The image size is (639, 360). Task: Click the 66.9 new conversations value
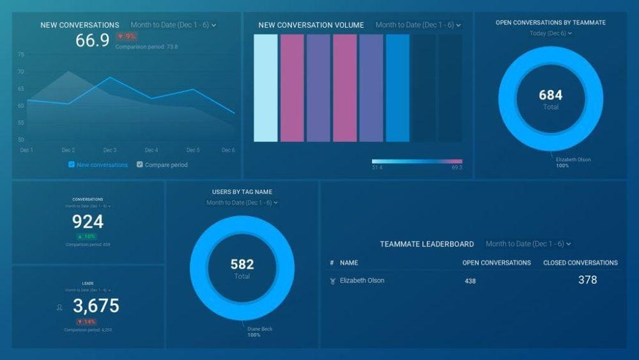click(92, 41)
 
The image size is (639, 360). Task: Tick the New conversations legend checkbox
click(72, 165)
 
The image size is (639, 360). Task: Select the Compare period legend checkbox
click(140, 165)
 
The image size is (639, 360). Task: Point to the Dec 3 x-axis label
click(110, 150)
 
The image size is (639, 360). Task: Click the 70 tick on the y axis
click(21, 72)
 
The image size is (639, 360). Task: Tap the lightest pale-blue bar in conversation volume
click(266, 88)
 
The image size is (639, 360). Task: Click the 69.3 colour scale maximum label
click(456, 168)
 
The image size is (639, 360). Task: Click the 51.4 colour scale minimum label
click(378, 168)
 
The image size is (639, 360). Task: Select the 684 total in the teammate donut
click(551, 95)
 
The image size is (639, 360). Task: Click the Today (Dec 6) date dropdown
click(550, 33)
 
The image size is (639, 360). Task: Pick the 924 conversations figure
click(88, 222)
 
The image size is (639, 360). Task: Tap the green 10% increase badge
click(88, 237)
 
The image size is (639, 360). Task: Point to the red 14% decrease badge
click(88, 322)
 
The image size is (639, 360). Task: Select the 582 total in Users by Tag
click(242, 264)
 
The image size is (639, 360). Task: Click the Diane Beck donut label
click(259, 329)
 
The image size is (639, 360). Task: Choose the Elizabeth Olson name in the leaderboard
click(362, 281)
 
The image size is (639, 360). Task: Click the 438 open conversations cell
click(470, 281)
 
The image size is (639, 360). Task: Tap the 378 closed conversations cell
click(587, 280)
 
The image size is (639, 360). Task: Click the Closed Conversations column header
click(580, 263)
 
